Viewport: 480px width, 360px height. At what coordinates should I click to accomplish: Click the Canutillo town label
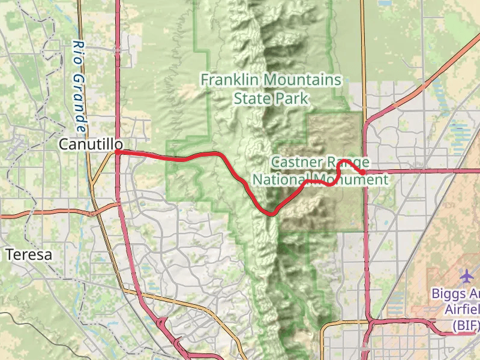coord(91,145)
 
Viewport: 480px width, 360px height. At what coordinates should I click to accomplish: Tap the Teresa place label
coord(29,254)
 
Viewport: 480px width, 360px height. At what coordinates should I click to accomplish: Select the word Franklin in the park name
coord(229,80)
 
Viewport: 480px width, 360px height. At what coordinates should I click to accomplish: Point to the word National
coord(281,179)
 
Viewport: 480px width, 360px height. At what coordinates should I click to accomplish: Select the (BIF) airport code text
coord(466,326)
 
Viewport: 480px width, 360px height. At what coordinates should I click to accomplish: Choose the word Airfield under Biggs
coord(463,310)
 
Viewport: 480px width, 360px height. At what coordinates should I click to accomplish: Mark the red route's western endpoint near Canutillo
coord(118,152)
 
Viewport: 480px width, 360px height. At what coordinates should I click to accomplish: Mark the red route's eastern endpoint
coord(363,172)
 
